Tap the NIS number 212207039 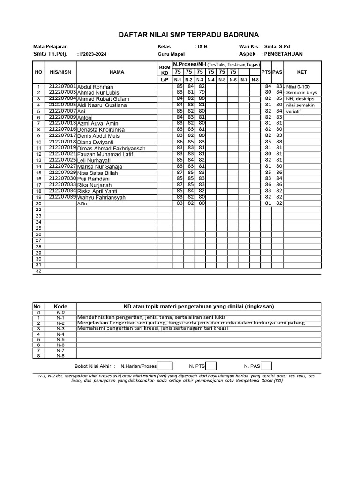click(62, 197)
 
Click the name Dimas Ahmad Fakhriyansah click(111, 148)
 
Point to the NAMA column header click(117, 72)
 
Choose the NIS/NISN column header click(60, 72)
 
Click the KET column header click(302, 72)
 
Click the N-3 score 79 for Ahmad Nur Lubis click(201, 92)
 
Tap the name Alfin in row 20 click(82, 204)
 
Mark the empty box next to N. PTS click(211, 366)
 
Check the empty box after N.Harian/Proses click(165, 366)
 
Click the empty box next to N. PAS click(266, 366)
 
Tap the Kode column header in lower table click(60, 306)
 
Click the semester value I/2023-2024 click(93, 54)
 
